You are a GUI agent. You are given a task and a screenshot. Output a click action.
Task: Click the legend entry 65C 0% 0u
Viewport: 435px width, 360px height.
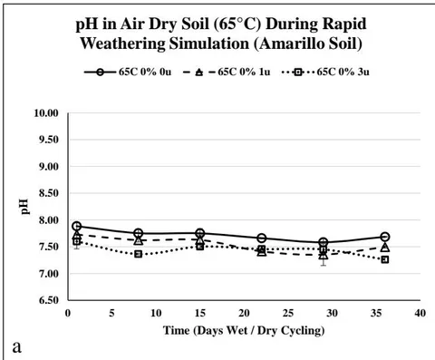pyautogui.click(x=128, y=73)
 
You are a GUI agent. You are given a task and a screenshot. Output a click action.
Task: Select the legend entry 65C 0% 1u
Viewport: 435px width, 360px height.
pyautogui.click(x=227, y=73)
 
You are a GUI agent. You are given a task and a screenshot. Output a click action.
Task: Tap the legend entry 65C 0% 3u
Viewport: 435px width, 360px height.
pyautogui.click(x=325, y=73)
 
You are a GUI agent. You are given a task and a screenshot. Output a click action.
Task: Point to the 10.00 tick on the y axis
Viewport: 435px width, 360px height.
pyautogui.click(x=45, y=113)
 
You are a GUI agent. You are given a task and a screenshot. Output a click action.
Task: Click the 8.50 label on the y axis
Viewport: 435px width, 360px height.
pyautogui.click(x=48, y=193)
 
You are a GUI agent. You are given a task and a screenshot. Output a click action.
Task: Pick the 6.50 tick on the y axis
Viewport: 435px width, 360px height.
pyautogui.click(x=48, y=300)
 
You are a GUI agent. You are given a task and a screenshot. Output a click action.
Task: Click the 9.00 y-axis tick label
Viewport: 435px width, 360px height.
pyautogui.click(x=48, y=167)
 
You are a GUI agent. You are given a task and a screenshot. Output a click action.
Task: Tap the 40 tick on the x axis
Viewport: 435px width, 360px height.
pyautogui.click(x=420, y=313)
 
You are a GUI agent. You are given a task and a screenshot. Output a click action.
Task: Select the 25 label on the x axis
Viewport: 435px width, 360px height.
pyautogui.click(x=288, y=313)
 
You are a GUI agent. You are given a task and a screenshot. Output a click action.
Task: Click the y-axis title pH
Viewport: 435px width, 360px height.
pyautogui.click(x=25, y=207)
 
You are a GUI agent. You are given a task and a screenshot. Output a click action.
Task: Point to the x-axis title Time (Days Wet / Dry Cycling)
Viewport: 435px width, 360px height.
pyautogui.click(x=244, y=330)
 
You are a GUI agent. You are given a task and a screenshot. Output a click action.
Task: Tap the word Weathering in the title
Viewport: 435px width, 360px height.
pyautogui.click(x=122, y=44)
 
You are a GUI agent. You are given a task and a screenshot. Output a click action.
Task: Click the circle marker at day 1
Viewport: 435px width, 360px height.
pyautogui.click(x=77, y=226)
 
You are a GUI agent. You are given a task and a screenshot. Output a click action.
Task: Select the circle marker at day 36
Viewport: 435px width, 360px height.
pyautogui.click(x=385, y=237)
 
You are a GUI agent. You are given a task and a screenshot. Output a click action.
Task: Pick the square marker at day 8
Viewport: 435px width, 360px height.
pyautogui.click(x=139, y=254)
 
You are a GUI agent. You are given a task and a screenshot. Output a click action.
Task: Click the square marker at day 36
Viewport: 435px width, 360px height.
pyautogui.click(x=385, y=259)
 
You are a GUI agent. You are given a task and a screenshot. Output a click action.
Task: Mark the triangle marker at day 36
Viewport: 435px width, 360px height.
pyautogui.click(x=385, y=248)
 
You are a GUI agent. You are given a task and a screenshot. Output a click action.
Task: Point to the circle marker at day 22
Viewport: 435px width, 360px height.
pyautogui.click(x=262, y=238)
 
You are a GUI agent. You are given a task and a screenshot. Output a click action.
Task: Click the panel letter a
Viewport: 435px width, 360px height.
pyautogui.click(x=17, y=347)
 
